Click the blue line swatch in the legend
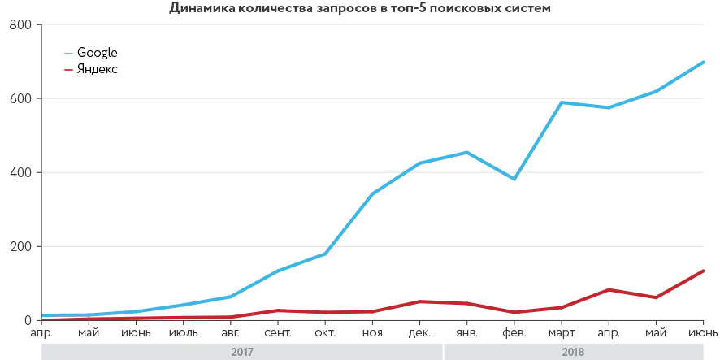coord(68,55)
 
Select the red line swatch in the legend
coord(68,68)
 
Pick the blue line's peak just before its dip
coord(466,152)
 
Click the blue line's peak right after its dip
coord(562,102)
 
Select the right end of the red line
coord(705,269)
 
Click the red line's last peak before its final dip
coord(609,289)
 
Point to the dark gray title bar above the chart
coord(360,7)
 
